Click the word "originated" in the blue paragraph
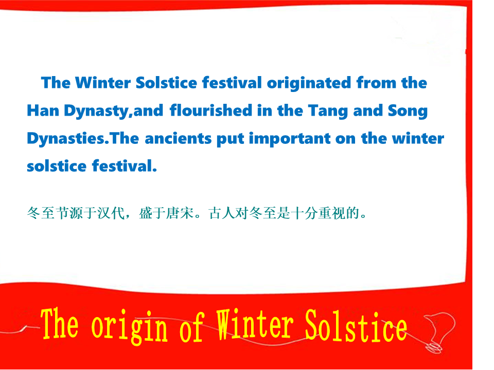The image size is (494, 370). pyautogui.click(x=309, y=83)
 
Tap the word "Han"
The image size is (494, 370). pyautogui.click(x=43, y=110)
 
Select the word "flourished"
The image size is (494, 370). pyautogui.click(x=211, y=110)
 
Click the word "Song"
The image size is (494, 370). pyautogui.click(x=408, y=112)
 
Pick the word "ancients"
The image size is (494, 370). pyautogui.click(x=178, y=138)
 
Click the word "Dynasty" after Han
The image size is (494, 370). pyautogui.click(x=96, y=112)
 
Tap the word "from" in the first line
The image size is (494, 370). pyautogui.click(x=376, y=83)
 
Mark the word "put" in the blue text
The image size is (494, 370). pyautogui.click(x=231, y=139)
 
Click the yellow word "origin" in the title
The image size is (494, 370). pyautogui.click(x=129, y=327)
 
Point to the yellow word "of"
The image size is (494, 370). pyautogui.click(x=192, y=327)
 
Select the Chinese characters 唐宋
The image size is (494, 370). pyautogui.click(x=180, y=213)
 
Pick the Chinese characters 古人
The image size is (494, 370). pyautogui.click(x=222, y=213)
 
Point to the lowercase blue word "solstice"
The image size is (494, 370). pyautogui.click(x=57, y=166)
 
